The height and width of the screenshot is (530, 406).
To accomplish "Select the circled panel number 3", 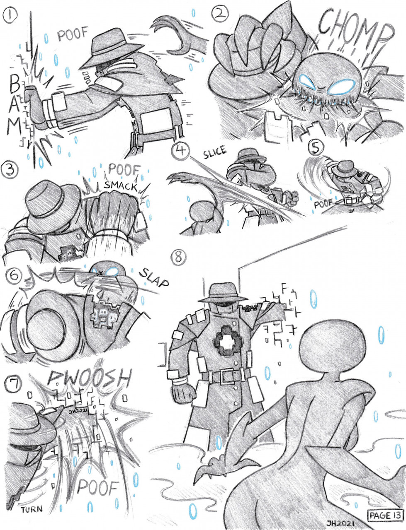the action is click(9, 171).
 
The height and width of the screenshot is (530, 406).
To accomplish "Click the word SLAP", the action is click(154, 278).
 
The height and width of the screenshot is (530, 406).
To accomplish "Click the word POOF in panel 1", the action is click(72, 35).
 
